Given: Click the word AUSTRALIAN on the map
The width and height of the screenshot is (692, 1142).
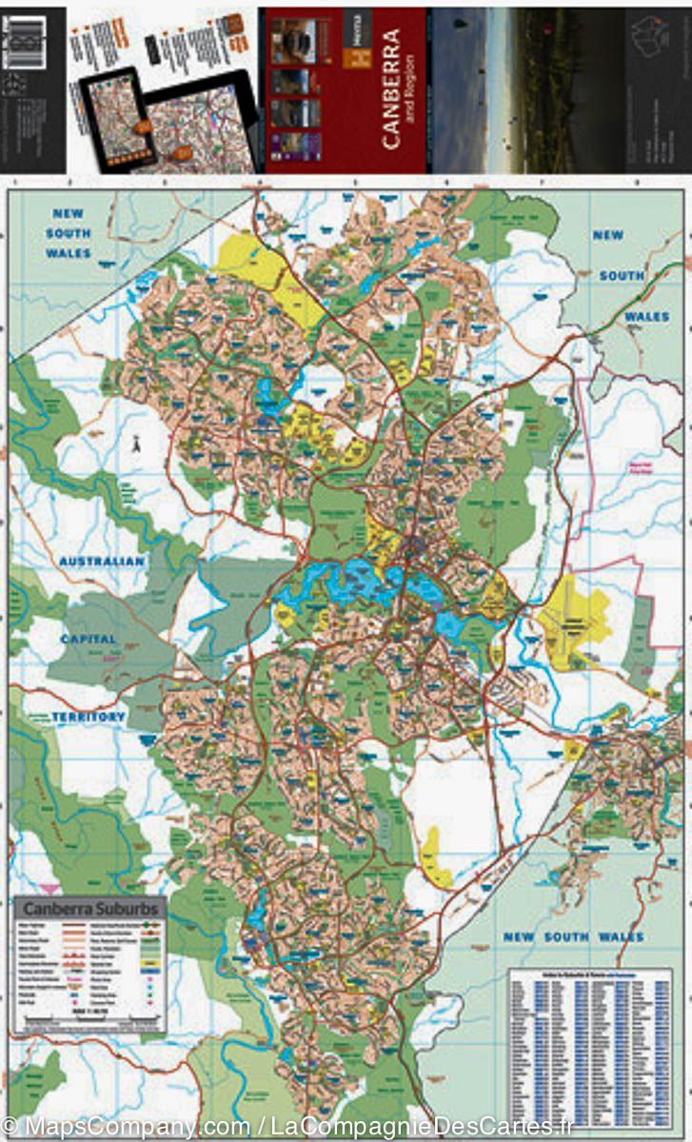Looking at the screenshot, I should coord(102,561).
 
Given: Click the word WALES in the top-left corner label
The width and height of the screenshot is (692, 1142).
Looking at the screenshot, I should coord(69,253).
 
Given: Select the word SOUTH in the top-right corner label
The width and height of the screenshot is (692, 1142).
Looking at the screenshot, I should coord(622,275).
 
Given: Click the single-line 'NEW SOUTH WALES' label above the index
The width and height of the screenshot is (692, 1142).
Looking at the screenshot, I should coord(573,937).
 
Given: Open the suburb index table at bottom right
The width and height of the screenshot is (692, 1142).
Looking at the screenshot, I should coord(589,1036).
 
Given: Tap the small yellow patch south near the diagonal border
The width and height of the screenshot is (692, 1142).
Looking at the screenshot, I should coord(435,861).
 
